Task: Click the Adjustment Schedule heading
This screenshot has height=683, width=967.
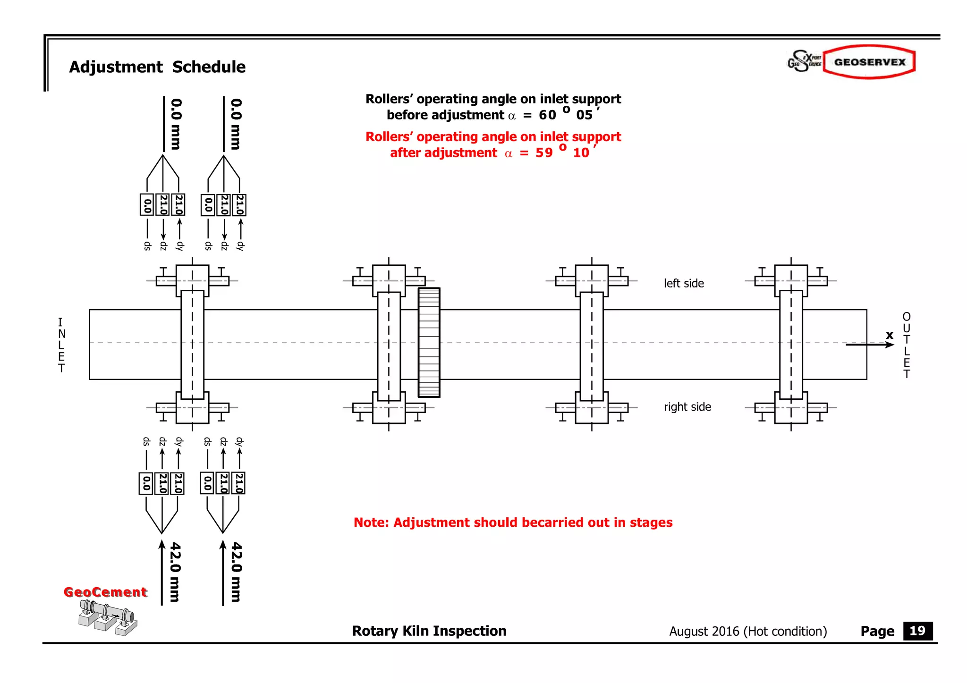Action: [157, 67]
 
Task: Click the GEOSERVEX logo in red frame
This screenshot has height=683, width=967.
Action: [869, 62]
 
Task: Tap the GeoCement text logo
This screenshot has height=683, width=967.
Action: [105, 592]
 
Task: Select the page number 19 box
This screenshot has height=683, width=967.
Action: [917, 631]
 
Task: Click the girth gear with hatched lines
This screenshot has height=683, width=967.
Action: [429, 343]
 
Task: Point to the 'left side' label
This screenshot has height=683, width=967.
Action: [683, 283]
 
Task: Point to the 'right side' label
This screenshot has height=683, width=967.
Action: [687, 407]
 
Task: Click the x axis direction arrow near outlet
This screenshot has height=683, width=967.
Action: [869, 345]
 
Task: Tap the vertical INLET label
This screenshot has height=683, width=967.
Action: [61, 345]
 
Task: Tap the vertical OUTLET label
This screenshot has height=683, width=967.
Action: [906, 345]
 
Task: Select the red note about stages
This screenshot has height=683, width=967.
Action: [513, 523]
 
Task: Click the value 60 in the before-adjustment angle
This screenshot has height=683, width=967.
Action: [547, 115]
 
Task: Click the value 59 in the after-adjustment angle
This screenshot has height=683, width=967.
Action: [544, 153]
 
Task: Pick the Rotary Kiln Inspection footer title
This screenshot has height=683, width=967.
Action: [429, 631]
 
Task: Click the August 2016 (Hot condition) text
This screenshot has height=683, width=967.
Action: [747, 632]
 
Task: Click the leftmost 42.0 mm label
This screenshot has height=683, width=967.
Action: [175, 572]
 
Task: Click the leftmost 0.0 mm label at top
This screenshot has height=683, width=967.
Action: [176, 124]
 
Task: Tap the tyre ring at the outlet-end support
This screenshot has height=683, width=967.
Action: [791, 345]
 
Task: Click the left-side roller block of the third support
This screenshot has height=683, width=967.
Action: [592, 280]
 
